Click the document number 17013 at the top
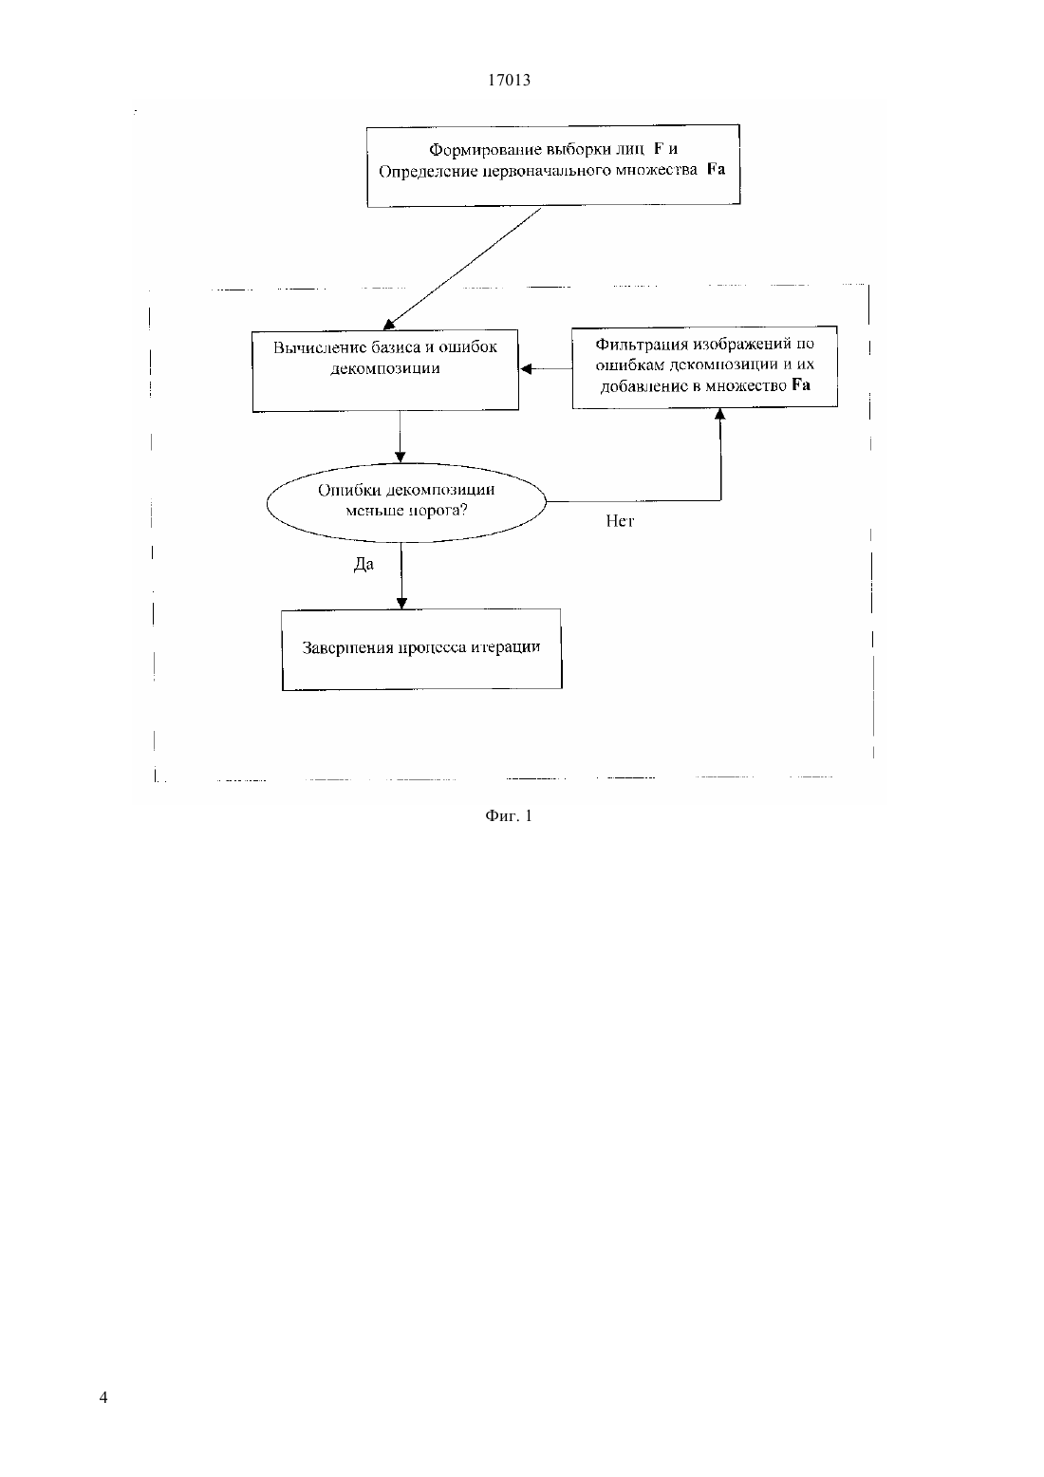click(509, 80)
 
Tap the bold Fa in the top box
click(716, 169)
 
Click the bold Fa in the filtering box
click(801, 384)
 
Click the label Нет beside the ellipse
click(620, 521)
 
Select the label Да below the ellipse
click(364, 564)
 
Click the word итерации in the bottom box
click(506, 646)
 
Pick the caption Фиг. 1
click(508, 815)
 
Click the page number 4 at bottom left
click(103, 1397)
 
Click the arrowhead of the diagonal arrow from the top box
click(388, 324)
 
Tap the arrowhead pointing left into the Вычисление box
click(525, 369)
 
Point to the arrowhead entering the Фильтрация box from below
click(720, 414)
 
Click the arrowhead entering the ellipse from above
click(401, 457)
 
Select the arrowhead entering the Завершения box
click(401, 603)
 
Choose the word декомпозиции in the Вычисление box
click(385, 368)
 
